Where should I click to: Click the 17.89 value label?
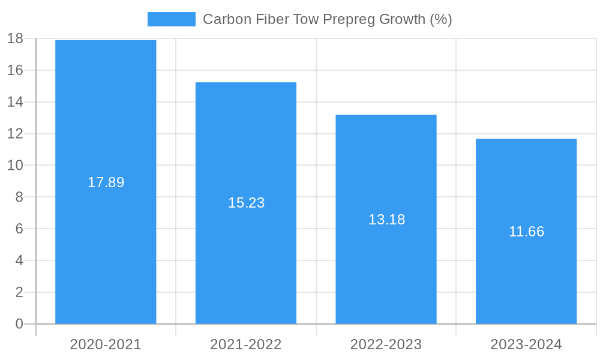(x=106, y=182)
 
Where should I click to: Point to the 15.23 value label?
(x=246, y=203)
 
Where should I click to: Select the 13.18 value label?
(x=386, y=220)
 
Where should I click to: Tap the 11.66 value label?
(x=526, y=232)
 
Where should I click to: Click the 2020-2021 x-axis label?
(x=106, y=344)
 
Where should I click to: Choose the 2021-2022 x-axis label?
(x=246, y=344)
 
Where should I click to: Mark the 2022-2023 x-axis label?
(x=386, y=344)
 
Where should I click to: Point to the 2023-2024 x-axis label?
(x=526, y=344)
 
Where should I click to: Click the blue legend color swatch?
(x=172, y=19)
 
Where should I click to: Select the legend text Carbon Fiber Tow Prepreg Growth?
(x=327, y=19)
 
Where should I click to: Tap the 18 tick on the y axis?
(x=15, y=38)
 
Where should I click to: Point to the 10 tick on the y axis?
(x=15, y=166)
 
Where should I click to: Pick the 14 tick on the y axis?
(x=15, y=102)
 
